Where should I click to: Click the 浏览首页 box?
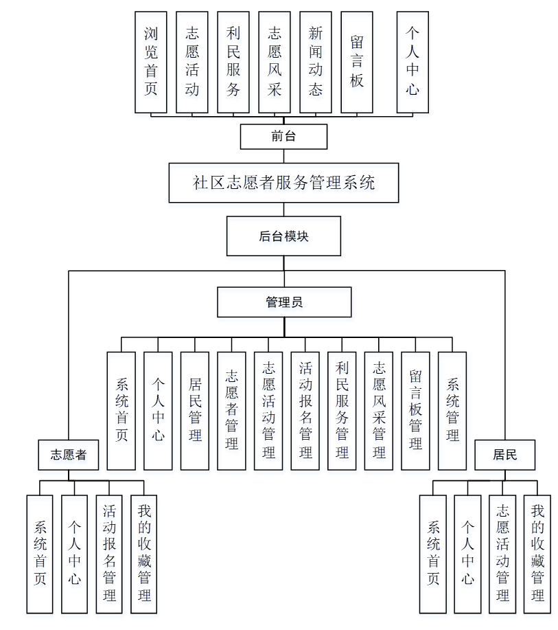[151, 62]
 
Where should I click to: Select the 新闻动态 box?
[316, 62]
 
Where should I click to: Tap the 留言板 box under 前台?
[357, 62]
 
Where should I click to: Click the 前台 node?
[283, 136]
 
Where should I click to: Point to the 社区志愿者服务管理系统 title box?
[283, 183]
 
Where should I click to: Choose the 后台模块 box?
[283, 236]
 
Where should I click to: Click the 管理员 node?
[284, 302]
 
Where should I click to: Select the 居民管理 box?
[195, 411]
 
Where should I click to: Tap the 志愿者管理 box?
[231, 411]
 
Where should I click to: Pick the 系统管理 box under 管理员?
[452, 411]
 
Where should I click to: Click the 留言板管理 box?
[415, 411]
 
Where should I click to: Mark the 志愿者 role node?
[68, 455]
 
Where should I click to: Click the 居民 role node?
[504, 455]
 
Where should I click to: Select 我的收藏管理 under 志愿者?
[144, 554]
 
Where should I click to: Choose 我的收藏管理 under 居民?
[537, 554]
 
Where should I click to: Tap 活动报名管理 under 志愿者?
[109, 554]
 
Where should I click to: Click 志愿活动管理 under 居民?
[502, 554]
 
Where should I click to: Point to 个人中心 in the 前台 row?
[412, 62]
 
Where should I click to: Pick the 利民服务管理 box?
[342, 411]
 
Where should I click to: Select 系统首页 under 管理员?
[121, 411]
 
